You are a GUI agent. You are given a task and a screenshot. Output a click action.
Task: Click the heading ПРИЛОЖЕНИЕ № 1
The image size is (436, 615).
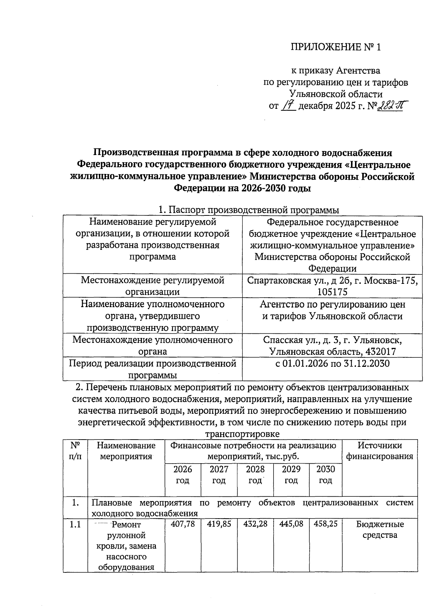pos(336,48)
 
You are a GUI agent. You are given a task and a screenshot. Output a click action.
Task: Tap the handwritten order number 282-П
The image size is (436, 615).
pos(391,106)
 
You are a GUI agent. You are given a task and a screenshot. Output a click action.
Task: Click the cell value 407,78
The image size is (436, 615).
pos(182,524)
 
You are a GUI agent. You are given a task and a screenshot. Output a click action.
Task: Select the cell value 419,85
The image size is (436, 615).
pos(219,524)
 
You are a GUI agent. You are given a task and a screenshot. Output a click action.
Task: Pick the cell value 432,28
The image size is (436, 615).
pos(255,524)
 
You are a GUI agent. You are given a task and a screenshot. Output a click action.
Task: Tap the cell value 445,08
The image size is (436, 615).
pos(291,524)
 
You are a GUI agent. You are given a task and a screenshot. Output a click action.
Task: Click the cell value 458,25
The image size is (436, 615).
pos(326,524)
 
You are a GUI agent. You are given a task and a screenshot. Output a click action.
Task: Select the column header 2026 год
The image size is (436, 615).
pos(182,475)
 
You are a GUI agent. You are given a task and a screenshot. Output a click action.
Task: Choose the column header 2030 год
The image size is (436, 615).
pos(326,475)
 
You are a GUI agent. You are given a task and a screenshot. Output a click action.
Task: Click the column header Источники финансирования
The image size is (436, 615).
pos(379,451)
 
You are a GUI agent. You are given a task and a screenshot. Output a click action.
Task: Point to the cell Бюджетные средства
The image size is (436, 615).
pos(380,529)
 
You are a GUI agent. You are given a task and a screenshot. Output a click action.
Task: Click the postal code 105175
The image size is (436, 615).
pos(332,292)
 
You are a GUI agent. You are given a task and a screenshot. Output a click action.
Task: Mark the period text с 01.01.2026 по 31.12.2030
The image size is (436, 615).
pos(332,364)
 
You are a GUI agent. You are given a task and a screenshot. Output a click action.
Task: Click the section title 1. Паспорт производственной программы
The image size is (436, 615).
pos(249,210)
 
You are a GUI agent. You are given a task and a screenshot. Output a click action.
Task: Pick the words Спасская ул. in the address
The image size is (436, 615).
pos(286,340)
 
